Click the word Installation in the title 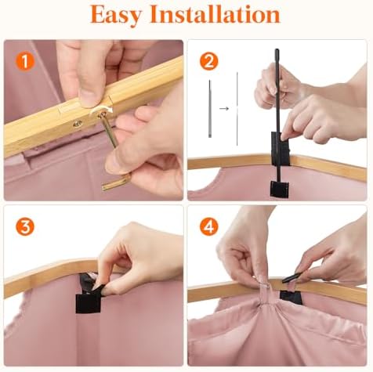point(215,14)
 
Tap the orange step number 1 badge point(25,62)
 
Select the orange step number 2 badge point(208,62)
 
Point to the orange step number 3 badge point(25,227)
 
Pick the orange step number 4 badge point(208,227)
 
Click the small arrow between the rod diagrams point(224,108)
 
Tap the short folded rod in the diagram point(210,109)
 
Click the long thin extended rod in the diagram point(237,109)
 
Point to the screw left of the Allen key point(78,124)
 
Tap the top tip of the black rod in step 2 point(277,49)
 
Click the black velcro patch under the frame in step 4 point(291,298)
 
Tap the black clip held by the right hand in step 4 point(292,277)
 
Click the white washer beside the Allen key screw point(101,111)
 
